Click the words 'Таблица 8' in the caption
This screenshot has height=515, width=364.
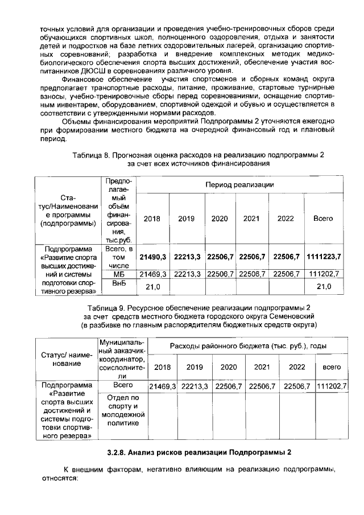point(90,155)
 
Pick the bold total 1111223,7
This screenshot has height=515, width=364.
point(323,257)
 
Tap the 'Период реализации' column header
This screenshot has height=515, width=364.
point(239,185)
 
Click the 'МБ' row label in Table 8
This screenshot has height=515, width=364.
point(119,274)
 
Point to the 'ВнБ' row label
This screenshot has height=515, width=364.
point(119,283)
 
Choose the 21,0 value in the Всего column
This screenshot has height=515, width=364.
point(323,287)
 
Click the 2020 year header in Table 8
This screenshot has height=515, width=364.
point(220,219)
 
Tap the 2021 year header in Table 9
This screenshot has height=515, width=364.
point(262,366)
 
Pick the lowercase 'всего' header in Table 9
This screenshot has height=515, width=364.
point(332,366)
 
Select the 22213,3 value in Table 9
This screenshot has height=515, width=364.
point(195,386)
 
